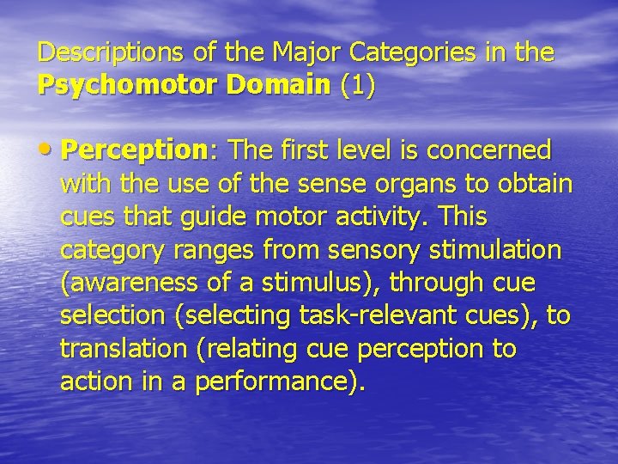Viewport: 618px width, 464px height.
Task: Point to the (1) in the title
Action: click(357, 87)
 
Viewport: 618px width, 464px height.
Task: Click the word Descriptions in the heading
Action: click(108, 53)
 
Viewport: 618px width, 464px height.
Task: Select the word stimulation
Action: click(501, 250)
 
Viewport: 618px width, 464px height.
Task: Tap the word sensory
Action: click(373, 250)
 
